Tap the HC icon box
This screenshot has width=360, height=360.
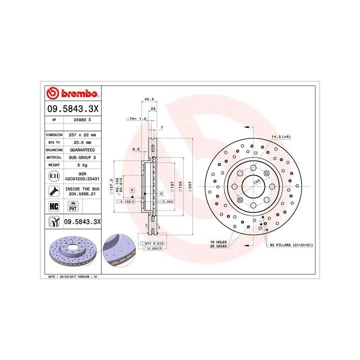coord(52,205)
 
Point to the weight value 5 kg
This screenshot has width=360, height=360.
coord(82,164)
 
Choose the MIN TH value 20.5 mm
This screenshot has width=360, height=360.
coord(82,142)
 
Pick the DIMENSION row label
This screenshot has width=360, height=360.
coord(54,135)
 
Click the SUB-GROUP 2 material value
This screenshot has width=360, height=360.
coord(82,156)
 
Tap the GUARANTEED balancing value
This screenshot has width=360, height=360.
coord(82,149)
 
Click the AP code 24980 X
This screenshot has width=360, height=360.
coord(82,120)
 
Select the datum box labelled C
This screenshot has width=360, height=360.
coord(161,193)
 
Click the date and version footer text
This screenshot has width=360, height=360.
coord(72,276)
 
